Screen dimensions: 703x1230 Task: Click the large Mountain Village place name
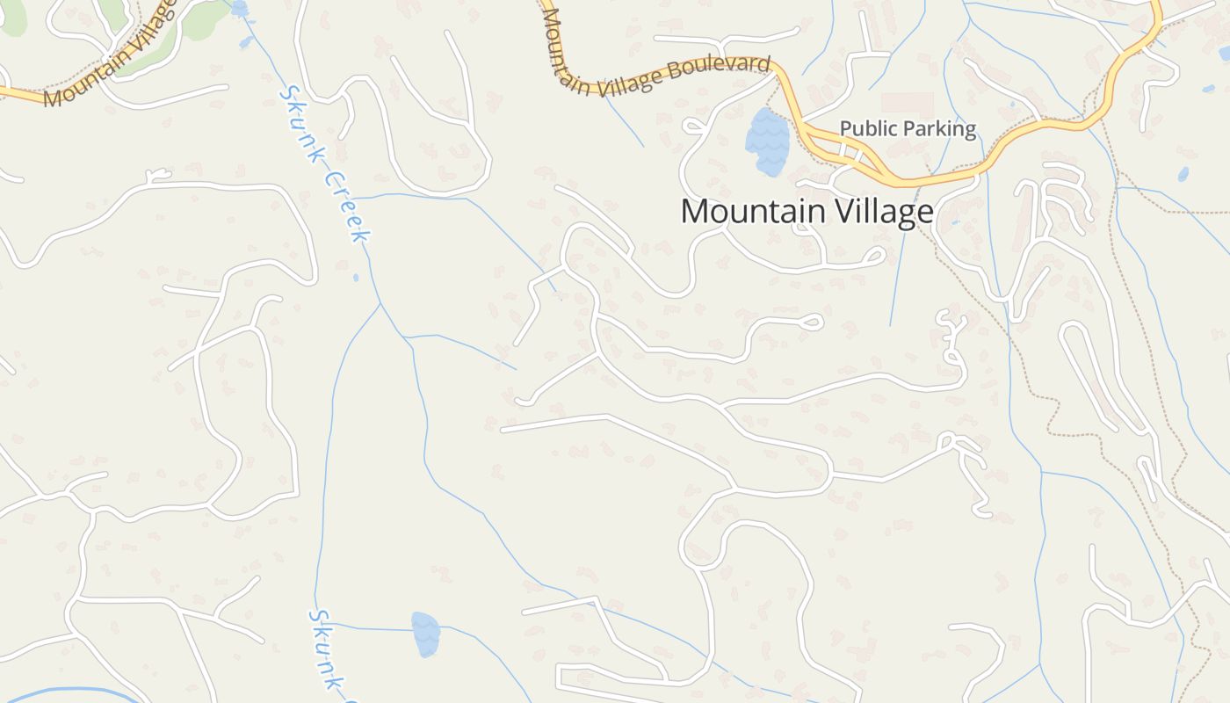[806, 212]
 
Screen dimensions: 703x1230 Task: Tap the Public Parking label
[908, 128]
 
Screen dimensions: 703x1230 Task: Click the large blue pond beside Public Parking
[767, 141]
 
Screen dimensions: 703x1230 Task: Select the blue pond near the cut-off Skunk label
[425, 634]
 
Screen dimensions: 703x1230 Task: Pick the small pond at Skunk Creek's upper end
[240, 9]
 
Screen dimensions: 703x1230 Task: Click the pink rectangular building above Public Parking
[908, 104]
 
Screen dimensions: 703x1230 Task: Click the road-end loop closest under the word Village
[873, 256]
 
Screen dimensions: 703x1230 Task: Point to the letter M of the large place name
[695, 212]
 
